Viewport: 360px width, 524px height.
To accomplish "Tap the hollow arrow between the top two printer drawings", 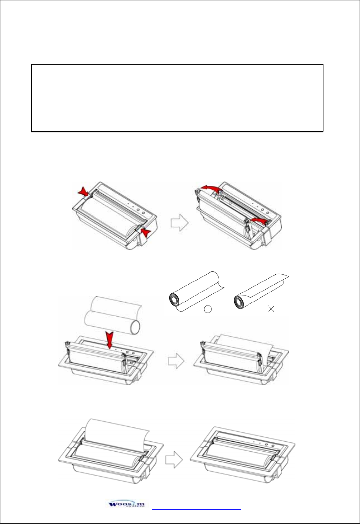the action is [179, 223].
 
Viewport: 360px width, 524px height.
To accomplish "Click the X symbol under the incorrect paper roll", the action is [271, 309].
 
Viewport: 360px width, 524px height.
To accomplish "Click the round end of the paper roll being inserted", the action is [135, 327].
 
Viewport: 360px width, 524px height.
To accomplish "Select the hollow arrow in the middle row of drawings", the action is [176, 361].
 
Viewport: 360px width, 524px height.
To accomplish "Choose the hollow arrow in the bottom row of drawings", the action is [174, 459].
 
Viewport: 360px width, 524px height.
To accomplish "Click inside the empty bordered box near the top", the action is [177, 98].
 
